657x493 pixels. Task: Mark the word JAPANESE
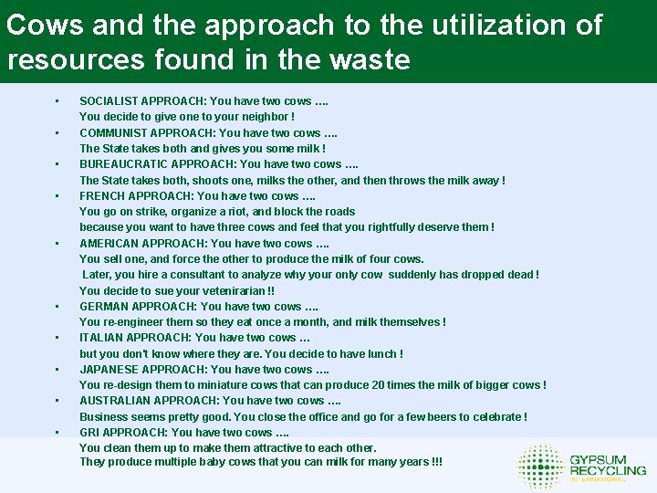106,370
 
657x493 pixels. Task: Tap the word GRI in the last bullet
89,432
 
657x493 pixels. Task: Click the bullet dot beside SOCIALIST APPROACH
57,101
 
